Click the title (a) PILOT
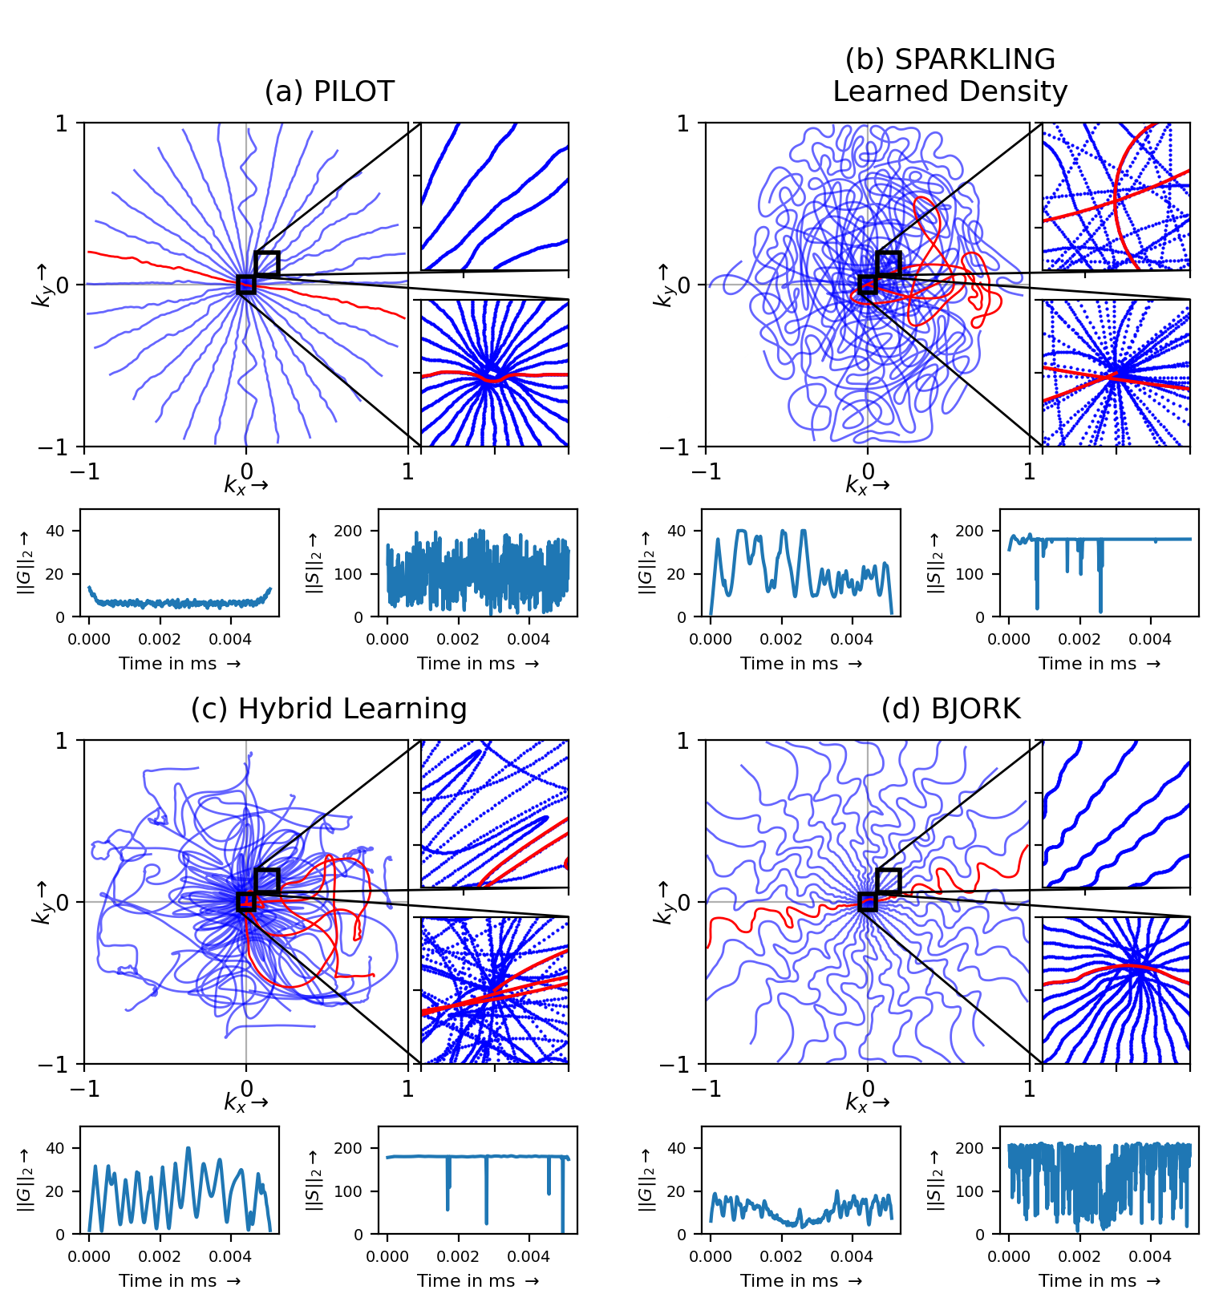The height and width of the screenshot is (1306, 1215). (329, 91)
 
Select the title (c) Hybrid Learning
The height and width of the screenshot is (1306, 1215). (329, 709)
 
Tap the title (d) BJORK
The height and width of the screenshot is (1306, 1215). (950, 709)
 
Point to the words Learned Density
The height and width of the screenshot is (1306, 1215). (950, 91)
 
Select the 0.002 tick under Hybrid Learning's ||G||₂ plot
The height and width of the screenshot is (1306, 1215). (160, 1255)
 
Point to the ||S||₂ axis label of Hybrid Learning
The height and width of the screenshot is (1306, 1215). (314, 1179)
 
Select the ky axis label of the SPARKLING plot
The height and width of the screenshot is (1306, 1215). (664, 285)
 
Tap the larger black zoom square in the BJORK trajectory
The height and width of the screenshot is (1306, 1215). (889, 881)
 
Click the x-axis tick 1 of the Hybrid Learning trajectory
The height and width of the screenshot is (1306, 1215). (407, 1089)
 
